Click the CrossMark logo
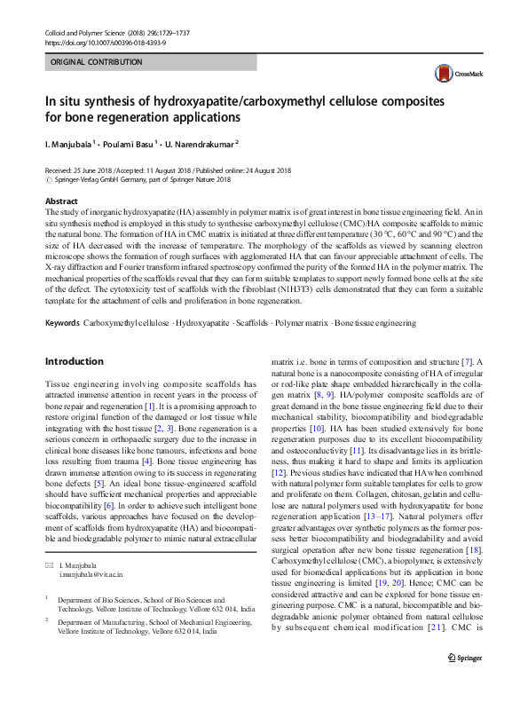(x=453, y=73)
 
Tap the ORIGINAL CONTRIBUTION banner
(x=97, y=62)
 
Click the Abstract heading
(x=61, y=201)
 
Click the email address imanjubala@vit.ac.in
(x=91, y=549)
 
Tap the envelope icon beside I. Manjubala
(x=48, y=540)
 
